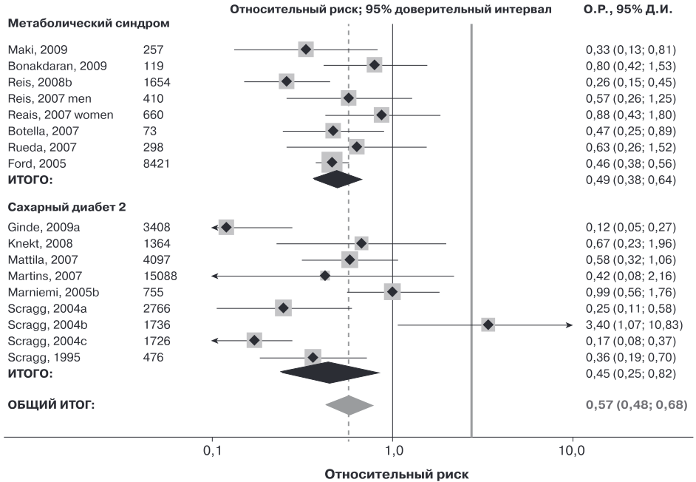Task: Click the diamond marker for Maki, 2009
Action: coord(305,50)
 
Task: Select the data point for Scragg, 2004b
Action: coord(488,325)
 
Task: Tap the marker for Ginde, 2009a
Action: coord(226,227)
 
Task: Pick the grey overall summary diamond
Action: coord(349,405)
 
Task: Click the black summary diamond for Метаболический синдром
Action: coord(338,179)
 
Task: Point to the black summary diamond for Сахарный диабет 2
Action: coord(330,373)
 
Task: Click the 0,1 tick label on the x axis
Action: coord(212,451)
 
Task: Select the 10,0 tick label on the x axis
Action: coord(572,451)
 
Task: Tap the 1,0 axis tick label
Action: coord(393,451)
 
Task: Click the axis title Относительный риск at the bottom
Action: coord(396,474)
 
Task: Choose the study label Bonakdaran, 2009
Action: coord(57,67)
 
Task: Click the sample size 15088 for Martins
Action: coord(160,276)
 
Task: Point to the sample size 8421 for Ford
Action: coord(156,163)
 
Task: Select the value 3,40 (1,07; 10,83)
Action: coord(634,325)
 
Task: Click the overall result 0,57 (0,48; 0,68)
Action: coord(636,404)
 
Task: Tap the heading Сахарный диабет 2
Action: coord(66,207)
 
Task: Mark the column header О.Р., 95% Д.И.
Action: coord(627,9)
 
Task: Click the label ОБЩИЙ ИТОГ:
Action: coord(51,404)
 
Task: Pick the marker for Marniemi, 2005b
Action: coord(392,292)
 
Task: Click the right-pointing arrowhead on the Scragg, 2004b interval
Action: coord(570,325)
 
